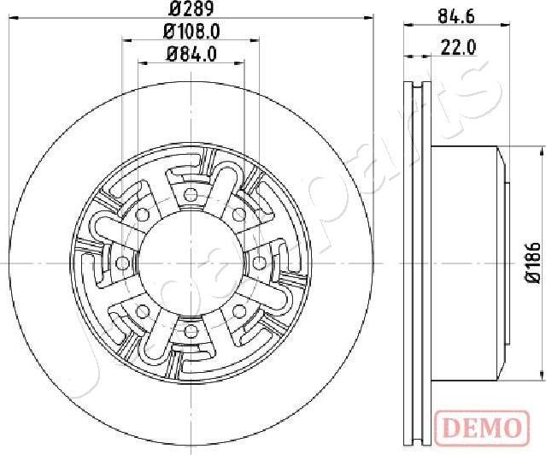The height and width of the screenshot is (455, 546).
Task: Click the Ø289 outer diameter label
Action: pyautogui.click(x=191, y=9)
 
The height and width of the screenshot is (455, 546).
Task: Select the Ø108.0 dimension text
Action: pyautogui.click(x=191, y=32)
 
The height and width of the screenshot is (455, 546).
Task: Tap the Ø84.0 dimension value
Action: pyautogui.click(x=192, y=54)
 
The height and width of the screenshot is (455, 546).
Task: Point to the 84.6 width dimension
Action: pyautogui.click(x=456, y=16)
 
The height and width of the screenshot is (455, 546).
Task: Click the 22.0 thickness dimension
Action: pyautogui.click(x=458, y=47)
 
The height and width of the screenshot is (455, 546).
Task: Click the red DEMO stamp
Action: pyautogui.click(x=482, y=427)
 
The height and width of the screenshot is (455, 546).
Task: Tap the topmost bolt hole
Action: pyautogui.click(x=191, y=194)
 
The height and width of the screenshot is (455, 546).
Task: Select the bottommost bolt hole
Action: pyautogui.click(x=191, y=331)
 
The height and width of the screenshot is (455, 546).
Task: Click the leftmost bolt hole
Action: pyautogui.click(x=122, y=263)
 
